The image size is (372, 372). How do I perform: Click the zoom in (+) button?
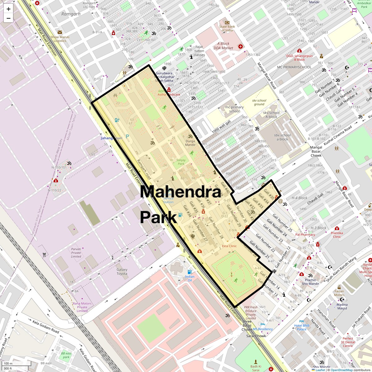click(x=8, y=9)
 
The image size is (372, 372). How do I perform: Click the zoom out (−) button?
click(x=8, y=18)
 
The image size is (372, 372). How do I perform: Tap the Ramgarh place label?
click(x=71, y=14)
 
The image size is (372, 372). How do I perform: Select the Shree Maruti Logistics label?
click(x=60, y=39)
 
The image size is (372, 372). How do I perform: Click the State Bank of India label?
click(x=227, y=28)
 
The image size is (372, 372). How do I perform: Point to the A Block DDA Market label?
click(x=223, y=46)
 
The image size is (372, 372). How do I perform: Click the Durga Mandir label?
click(x=190, y=143)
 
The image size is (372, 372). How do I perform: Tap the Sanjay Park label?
click(x=181, y=162)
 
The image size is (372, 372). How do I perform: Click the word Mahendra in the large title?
click(x=180, y=192)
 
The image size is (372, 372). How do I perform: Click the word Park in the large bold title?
click(x=158, y=217)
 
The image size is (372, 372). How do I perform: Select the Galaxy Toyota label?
click(x=122, y=272)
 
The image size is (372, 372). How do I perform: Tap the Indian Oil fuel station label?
click(x=190, y=278)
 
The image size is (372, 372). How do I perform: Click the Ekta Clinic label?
click(x=229, y=246)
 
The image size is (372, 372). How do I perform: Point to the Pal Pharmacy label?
click(x=305, y=235)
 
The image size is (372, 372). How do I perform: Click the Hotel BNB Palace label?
click(x=302, y=327)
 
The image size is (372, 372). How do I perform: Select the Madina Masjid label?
click(x=342, y=306)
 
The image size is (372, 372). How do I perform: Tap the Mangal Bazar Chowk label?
click(x=316, y=151)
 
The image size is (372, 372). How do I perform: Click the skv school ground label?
click(x=259, y=102)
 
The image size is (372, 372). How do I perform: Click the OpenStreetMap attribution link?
click(x=341, y=370)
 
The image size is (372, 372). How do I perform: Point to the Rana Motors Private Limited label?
click(x=82, y=307)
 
